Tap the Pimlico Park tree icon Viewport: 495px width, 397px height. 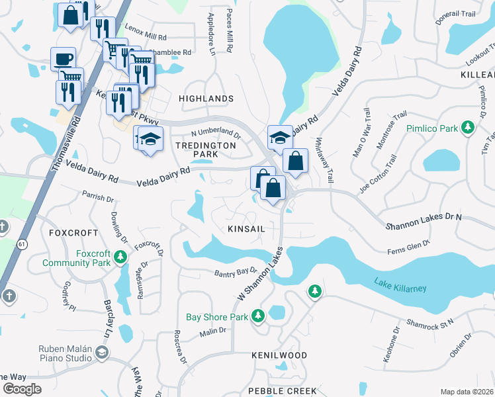coord(469,126)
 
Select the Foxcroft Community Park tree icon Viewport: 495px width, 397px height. coord(120,256)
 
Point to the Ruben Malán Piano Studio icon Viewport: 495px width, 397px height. coord(102,354)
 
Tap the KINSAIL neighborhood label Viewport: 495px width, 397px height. coord(246,228)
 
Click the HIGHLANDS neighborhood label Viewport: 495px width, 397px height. coord(206,99)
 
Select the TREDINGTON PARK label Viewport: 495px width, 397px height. coord(206,150)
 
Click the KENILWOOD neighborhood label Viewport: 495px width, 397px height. coord(279,355)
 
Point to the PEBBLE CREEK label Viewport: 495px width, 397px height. coord(283,391)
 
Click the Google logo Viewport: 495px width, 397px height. coord(22,388)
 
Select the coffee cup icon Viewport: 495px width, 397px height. coord(64,59)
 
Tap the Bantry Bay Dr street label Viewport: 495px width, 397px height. coord(235,271)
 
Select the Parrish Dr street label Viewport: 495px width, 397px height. coord(99,197)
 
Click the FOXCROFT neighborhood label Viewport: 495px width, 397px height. coord(73,233)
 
